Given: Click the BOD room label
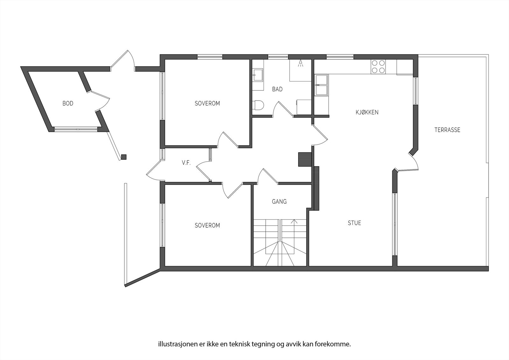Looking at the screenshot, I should [x=68, y=103].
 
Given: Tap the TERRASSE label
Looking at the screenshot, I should [x=447, y=130].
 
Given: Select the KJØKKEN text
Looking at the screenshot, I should [x=367, y=112].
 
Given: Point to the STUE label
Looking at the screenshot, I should [x=354, y=223].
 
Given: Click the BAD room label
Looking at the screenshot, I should [x=277, y=89].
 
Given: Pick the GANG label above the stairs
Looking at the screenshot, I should [x=279, y=201].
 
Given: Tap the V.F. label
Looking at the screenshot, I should [x=186, y=163].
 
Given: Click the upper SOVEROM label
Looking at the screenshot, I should [x=207, y=103].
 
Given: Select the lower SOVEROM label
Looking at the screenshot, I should [x=207, y=225].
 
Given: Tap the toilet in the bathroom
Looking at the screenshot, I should [x=259, y=105].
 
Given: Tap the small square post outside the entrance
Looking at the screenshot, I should [x=124, y=157].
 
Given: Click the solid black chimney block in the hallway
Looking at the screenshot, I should [x=304, y=159].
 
